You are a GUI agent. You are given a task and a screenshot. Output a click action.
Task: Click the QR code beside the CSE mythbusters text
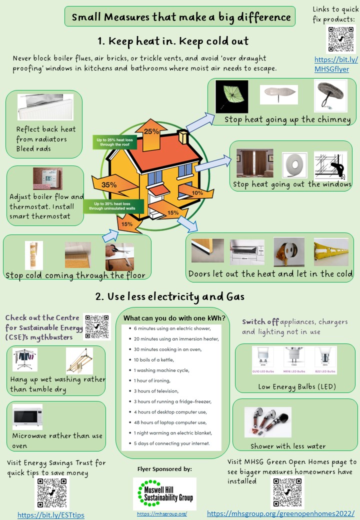click(x=97, y=327)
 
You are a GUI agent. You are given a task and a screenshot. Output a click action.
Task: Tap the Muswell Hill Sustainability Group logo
click(x=164, y=493)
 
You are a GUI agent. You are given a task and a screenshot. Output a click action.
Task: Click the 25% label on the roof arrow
click(x=152, y=131)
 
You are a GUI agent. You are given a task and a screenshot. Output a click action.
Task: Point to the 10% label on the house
click(x=197, y=192)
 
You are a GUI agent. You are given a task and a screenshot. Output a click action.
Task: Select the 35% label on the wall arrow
click(x=109, y=185)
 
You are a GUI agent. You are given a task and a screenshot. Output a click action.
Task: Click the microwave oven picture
click(x=27, y=416)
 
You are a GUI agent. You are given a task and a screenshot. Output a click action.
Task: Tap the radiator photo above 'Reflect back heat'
click(x=38, y=107)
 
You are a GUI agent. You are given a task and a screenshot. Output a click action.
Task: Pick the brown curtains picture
click(x=254, y=163)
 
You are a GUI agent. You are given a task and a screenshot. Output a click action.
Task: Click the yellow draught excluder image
click(x=330, y=251)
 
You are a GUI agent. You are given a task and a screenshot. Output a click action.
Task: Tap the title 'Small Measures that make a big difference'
click(x=181, y=17)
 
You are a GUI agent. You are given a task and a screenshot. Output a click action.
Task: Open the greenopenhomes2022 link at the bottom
click(x=280, y=513)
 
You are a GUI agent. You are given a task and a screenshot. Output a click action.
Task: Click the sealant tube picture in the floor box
click(x=34, y=255)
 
